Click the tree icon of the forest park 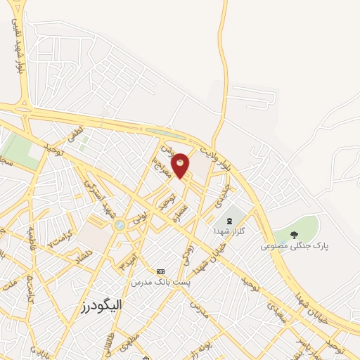[x=294, y=235]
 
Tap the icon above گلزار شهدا [x=229, y=221]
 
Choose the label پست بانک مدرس [x=161, y=282]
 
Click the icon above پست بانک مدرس [x=160, y=271]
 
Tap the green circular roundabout [x=120, y=225]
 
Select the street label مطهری [x=129, y=344]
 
